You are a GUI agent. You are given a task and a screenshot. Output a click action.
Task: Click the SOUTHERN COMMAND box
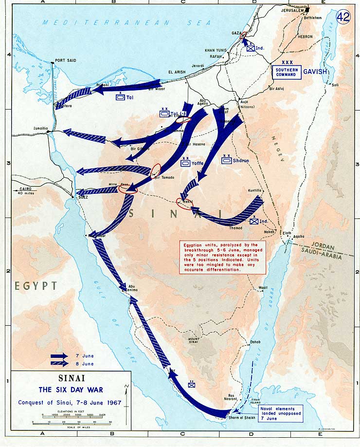tap(287, 72)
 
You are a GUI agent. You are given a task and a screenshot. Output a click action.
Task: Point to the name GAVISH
tap(316, 72)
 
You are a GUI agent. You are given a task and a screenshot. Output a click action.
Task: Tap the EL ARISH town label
tap(177, 73)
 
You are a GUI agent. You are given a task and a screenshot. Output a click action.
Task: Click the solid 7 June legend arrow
tap(61, 356)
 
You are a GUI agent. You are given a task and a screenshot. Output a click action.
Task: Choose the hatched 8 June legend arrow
tap(61, 364)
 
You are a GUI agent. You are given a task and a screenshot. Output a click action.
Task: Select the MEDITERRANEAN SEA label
tap(127, 22)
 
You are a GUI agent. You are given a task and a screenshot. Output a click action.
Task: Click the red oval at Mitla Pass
tap(128, 189)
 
